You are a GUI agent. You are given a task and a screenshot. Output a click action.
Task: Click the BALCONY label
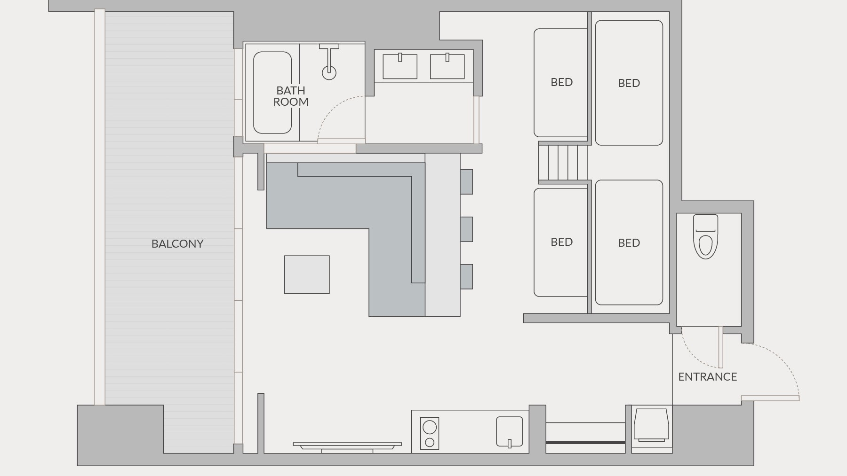[177, 244]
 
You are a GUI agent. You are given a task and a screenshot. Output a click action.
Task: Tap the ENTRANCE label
[707, 377]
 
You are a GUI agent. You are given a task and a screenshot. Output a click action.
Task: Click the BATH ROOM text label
[291, 96]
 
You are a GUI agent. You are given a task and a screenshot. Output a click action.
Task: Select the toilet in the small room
[705, 236]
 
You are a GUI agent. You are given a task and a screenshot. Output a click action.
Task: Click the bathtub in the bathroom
[272, 93]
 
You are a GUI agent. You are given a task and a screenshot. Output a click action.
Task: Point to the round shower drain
[329, 72]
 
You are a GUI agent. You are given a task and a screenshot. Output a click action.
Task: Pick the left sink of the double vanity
[400, 66]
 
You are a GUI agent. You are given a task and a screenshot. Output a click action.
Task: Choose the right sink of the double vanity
[447, 66]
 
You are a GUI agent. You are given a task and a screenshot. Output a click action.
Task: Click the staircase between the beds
[563, 163]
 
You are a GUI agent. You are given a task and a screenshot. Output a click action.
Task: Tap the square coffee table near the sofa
[307, 275]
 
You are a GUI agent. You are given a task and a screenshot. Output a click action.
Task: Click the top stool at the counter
[466, 181]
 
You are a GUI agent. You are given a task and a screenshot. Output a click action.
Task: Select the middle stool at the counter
[466, 229]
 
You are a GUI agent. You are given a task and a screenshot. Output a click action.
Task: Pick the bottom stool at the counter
[466, 277]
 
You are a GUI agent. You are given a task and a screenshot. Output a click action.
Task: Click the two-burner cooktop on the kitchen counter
[430, 433]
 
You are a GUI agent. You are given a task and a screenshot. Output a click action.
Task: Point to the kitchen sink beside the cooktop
[510, 432]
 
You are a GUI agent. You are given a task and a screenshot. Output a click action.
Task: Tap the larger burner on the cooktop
[430, 427]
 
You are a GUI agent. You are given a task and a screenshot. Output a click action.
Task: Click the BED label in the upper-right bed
[629, 83]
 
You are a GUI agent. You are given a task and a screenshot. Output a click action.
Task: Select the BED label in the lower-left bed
[562, 242]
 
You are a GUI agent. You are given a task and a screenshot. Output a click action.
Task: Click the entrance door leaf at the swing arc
[770, 398]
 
